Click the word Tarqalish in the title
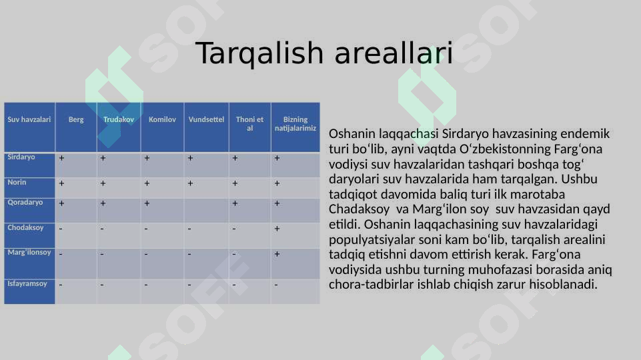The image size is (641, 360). click(x=259, y=53)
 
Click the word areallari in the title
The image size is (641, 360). click(x=394, y=53)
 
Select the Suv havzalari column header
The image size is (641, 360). click(x=29, y=119)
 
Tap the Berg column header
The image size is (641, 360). click(x=76, y=119)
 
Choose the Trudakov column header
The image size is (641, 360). click(x=119, y=119)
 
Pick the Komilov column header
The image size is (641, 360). click(x=162, y=119)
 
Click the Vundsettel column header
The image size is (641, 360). click(x=206, y=119)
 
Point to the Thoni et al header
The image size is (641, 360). click(x=249, y=123)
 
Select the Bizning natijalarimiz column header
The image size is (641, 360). click(x=295, y=123)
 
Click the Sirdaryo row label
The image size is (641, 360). click(x=21, y=157)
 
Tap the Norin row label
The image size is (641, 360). click(x=17, y=182)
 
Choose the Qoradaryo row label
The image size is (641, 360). click(x=25, y=202)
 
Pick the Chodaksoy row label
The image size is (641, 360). click(x=25, y=227)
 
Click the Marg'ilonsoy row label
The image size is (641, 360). click(x=29, y=253)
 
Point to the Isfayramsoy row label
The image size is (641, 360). click(x=27, y=283)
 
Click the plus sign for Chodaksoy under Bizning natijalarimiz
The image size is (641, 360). click(x=277, y=229)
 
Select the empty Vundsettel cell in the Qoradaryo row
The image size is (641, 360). click(x=207, y=211)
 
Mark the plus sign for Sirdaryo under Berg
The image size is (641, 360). click(x=61, y=158)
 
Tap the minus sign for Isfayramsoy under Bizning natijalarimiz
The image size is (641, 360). click(x=276, y=285)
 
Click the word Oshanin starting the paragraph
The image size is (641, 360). click(x=352, y=133)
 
